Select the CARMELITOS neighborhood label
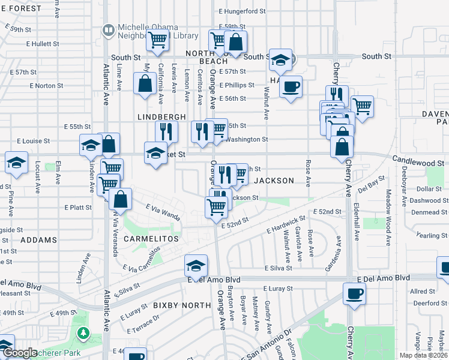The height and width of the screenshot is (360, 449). [x=143, y=239]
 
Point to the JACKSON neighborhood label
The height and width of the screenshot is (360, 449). [x=274, y=181]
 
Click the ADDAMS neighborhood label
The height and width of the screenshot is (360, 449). [x=38, y=239]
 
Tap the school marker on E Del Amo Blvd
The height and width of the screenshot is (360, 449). [x=196, y=265]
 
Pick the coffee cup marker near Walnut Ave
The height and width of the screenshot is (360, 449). [x=291, y=87]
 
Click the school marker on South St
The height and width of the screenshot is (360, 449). [x=280, y=59]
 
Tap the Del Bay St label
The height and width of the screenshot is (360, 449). [x=371, y=183]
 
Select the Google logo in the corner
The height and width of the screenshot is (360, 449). [x=20, y=353]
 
